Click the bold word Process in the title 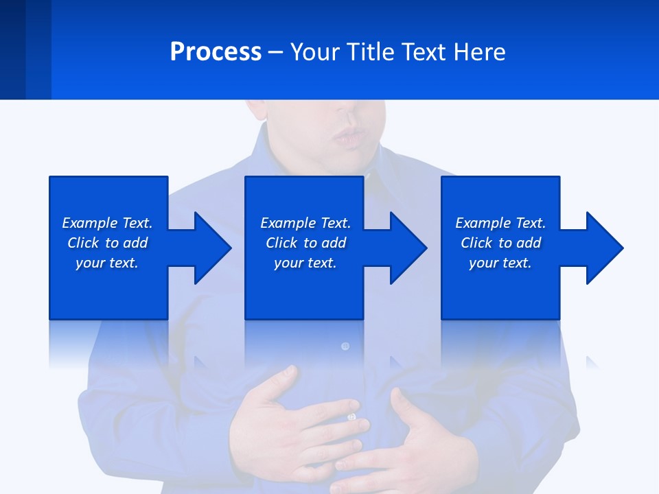[216, 52]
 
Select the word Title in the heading [371, 52]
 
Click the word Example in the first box [89, 223]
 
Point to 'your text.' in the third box [500, 263]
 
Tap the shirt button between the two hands [351, 416]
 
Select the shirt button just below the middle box [345, 346]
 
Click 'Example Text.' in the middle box [305, 223]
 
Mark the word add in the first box [136, 243]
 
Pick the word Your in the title [314, 52]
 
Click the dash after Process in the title [276, 53]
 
